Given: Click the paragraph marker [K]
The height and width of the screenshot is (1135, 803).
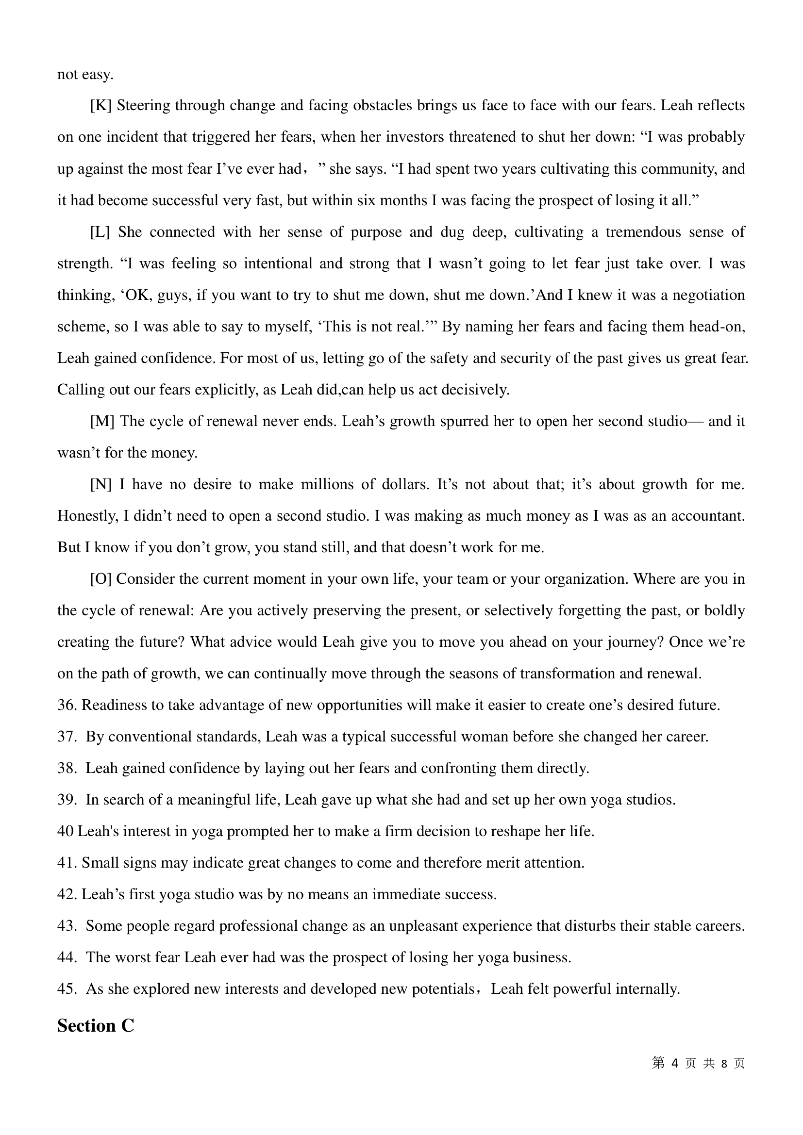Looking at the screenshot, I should (101, 106).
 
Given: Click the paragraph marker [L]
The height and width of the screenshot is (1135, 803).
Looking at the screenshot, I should (100, 232).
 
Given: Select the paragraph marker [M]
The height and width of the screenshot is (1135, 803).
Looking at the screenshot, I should (102, 422).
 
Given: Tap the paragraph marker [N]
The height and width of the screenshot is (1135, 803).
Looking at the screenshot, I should (101, 484).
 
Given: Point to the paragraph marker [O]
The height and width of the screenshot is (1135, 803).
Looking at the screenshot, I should (101, 579).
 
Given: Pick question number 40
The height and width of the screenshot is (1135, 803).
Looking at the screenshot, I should (65, 832).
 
